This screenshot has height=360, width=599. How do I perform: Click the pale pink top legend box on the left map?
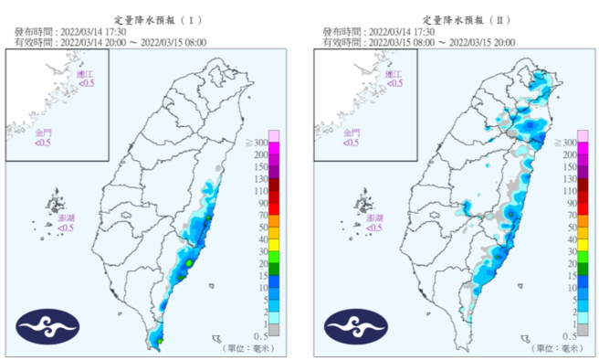(x=274, y=136)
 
